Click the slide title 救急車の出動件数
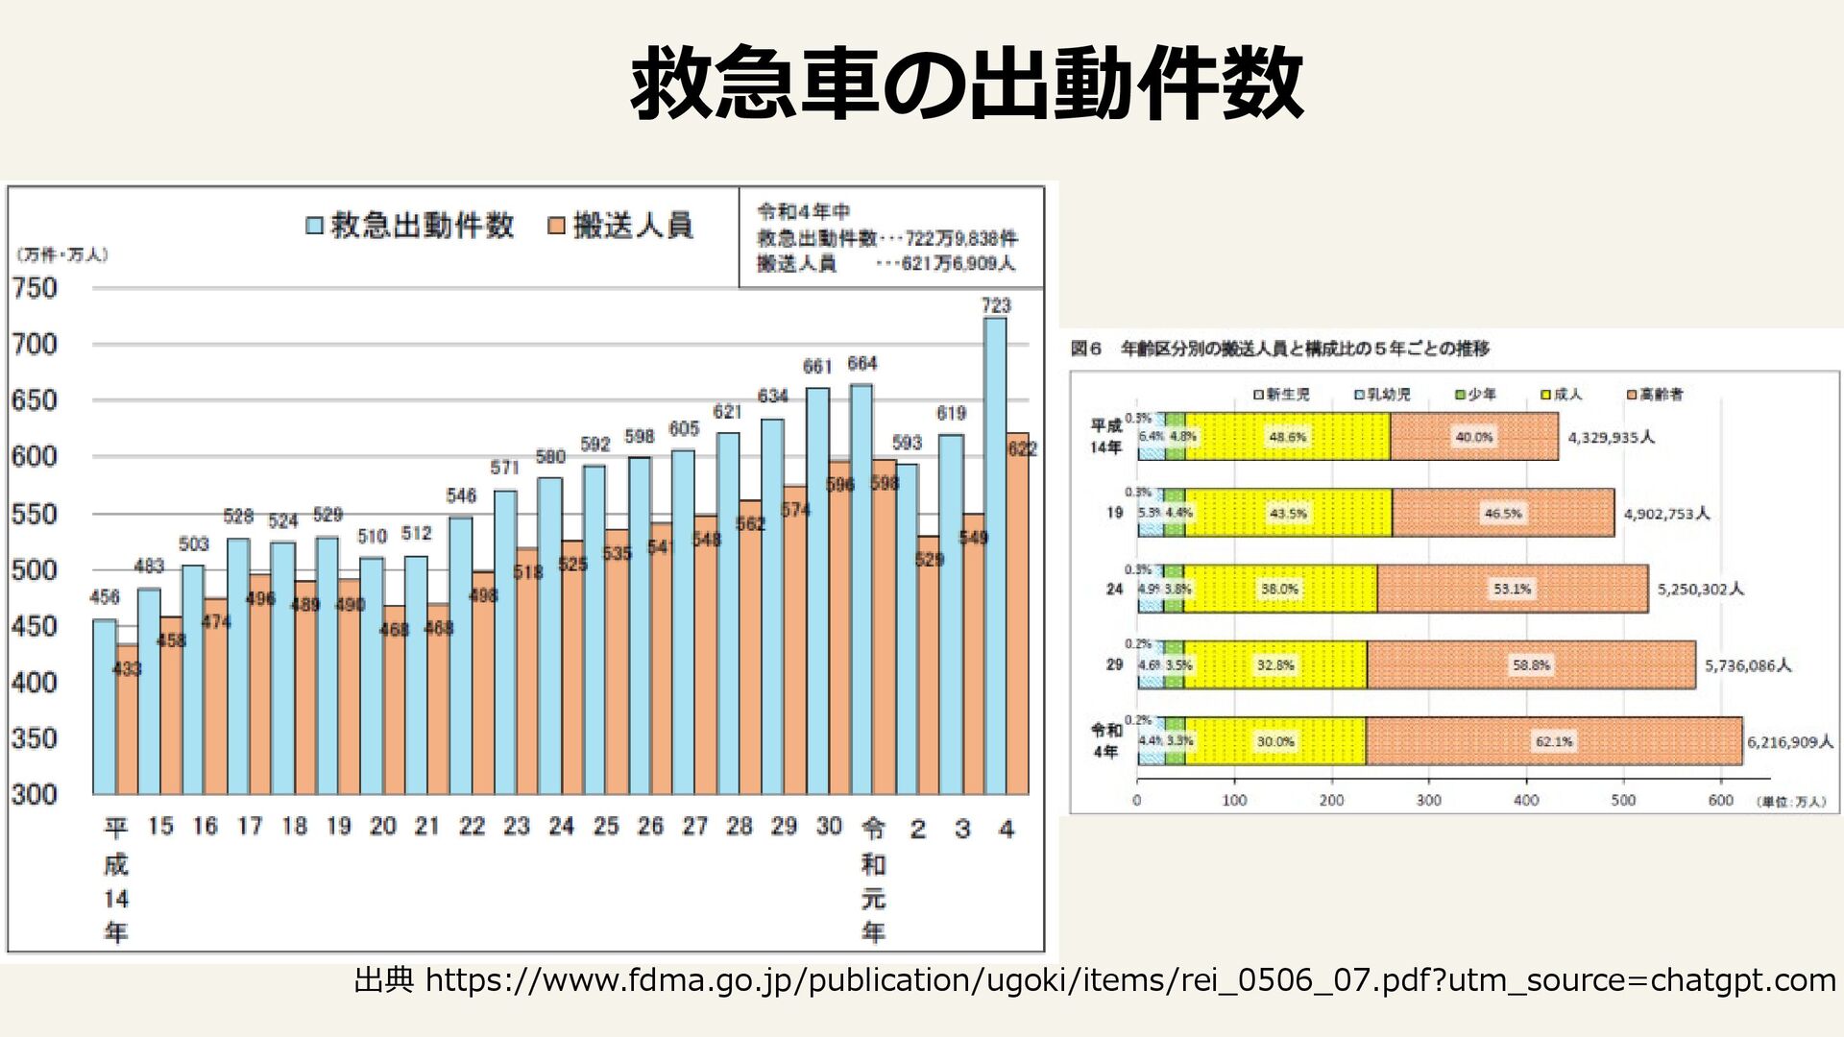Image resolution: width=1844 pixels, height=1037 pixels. click(x=966, y=84)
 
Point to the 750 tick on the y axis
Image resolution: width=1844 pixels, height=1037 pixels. click(x=35, y=288)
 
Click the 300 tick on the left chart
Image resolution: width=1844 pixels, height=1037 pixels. click(x=35, y=795)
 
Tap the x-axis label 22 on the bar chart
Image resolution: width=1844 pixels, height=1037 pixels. click(x=472, y=827)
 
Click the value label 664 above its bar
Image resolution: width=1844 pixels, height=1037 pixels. click(x=861, y=364)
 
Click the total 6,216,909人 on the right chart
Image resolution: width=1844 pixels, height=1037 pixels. click(x=1789, y=742)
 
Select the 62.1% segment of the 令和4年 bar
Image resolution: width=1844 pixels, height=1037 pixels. click(x=1554, y=741)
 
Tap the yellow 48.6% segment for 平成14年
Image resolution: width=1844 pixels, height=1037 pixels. click(x=1287, y=437)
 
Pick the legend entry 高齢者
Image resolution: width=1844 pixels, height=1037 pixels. click(x=1654, y=395)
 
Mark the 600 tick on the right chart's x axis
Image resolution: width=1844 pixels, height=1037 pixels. click(x=1720, y=801)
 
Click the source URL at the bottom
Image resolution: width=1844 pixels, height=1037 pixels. click(x=1095, y=980)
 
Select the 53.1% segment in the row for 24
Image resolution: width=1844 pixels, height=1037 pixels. click(x=1512, y=589)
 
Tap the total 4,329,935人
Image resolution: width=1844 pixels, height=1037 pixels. click(x=1611, y=438)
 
